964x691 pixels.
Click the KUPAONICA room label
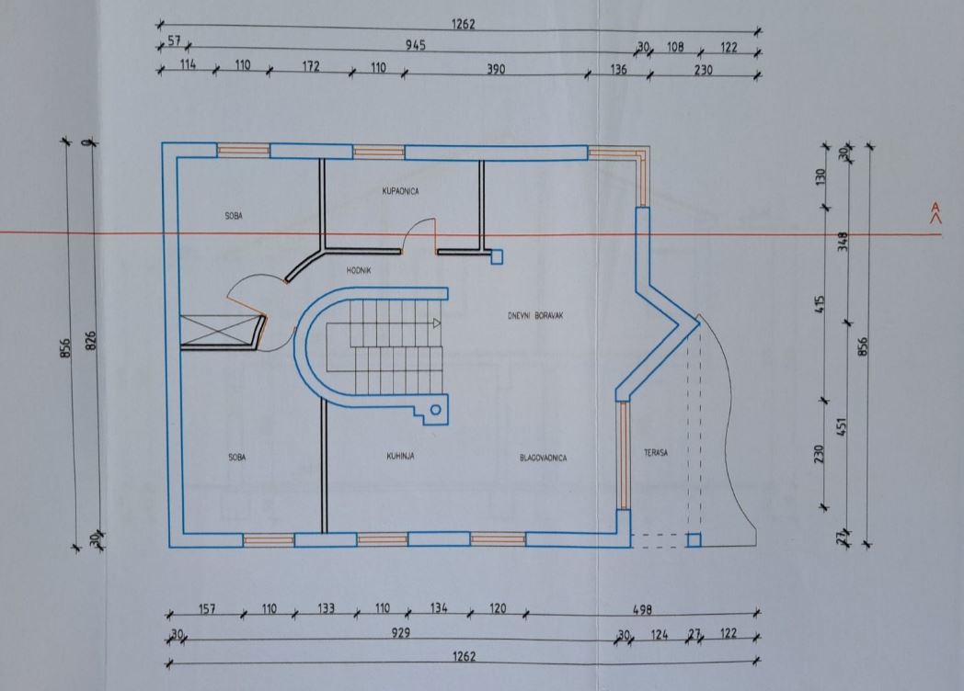pyautogui.click(x=400, y=191)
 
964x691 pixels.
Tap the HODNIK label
pyautogui.click(x=359, y=270)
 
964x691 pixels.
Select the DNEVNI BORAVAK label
pyautogui.click(x=535, y=316)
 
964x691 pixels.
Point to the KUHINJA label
pyautogui.click(x=400, y=456)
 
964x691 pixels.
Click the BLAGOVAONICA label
pyautogui.click(x=544, y=458)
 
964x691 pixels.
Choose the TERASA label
pyautogui.click(x=656, y=453)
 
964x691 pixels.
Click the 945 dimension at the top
pyautogui.click(x=416, y=45)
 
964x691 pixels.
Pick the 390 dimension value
pyautogui.click(x=496, y=69)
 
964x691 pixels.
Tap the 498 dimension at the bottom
pyautogui.click(x=642, y=609)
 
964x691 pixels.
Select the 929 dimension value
pyautogui.click(x=401, y=632)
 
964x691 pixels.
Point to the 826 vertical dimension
pyautogui.click(x=90, y=341)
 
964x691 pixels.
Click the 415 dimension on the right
pyautogui.click(x=820, y=305)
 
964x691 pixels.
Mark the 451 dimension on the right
pyautogui.click(x=842, y=427)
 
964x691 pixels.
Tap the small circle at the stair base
pyautogui.click(x=436, y=410)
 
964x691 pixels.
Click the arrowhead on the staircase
pyautogui.click(x=437, y=323)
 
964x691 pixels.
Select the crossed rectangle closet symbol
pyautogui.click(x=219, y=331)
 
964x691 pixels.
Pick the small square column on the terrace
pyautogui.click(x=694, y=540)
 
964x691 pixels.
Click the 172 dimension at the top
pyautogui.click(x=311, y=66)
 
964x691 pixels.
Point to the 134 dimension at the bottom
pyautogui.click(x=439, y=608)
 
